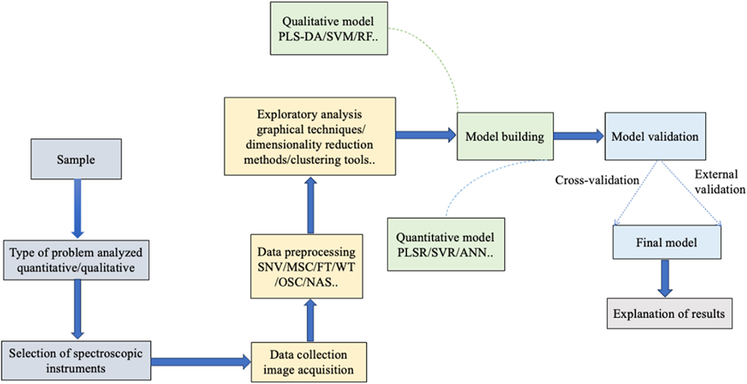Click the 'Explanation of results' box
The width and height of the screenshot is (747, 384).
pyautogui.click(x=665, y=310)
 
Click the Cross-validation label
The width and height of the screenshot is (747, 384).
pyautogui.click(x=597, y=179)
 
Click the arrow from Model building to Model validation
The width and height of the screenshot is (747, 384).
pyautogui.click(x=571, y=136)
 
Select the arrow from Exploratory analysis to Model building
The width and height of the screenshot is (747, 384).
pyautogui.click(x=425, y=134)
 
